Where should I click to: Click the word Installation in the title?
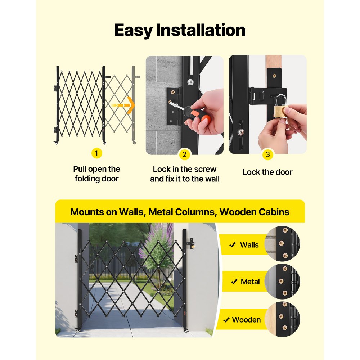[201, 31]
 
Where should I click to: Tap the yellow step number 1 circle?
[96, 153]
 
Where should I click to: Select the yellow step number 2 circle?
[185, 155]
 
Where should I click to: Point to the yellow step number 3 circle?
[267, 155]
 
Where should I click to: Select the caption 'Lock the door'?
[267, 172]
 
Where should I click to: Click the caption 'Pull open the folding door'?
[96, 174]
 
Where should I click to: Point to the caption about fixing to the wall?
[185, 174]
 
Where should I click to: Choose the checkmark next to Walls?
[233, 245]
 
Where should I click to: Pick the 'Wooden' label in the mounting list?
[246, 320]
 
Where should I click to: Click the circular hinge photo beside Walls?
[283, 244]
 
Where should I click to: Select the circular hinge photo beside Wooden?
[283, 319]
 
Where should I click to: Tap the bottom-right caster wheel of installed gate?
[186, 330]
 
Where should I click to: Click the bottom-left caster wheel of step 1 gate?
[56, 143]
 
